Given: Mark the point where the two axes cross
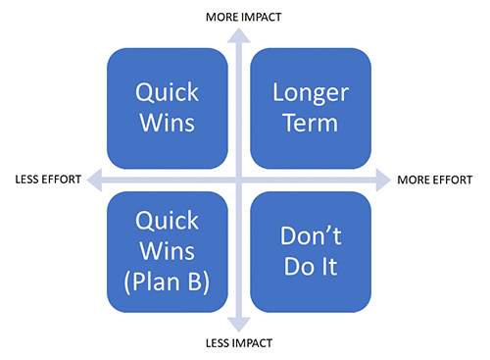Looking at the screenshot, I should click(x=236, y=180).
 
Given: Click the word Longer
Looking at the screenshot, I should click(x=311, y=92).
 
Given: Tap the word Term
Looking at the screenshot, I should click(x=311, y=125).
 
